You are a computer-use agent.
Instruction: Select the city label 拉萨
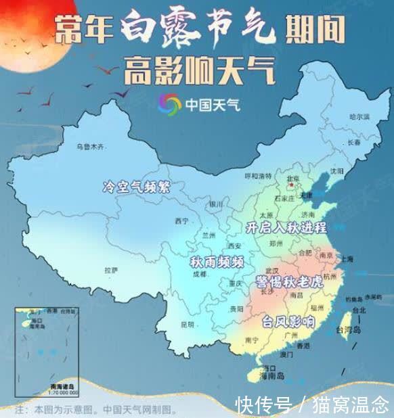110,269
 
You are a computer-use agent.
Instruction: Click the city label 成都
199,275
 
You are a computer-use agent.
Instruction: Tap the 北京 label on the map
293,179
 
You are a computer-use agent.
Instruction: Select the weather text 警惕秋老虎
289,281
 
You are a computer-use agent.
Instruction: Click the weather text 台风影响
288,321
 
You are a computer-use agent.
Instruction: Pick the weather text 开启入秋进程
287,227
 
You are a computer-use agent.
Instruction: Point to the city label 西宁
181,221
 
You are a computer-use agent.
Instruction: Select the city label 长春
353,143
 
